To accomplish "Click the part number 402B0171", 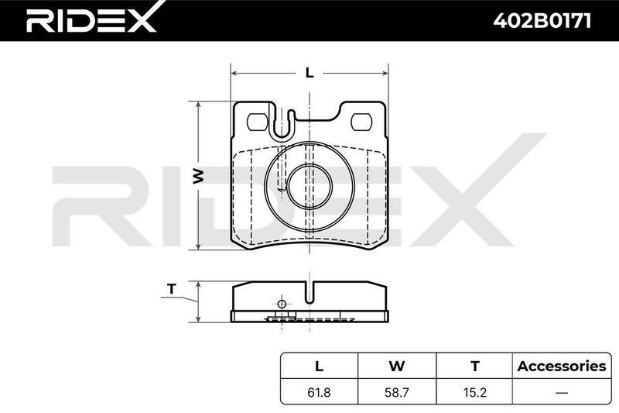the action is [x=542, y=21].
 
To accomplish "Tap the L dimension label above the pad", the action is [x=309, y=73].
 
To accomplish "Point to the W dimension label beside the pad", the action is [x=198, y=176].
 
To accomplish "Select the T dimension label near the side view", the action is [x=171, y=289].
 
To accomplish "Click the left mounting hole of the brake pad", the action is [x=257, y=122].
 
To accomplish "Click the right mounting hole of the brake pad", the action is [x=361, y=122].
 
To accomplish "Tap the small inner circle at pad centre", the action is [x=309, y=186].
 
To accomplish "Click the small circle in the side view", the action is [x=282, y=305].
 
